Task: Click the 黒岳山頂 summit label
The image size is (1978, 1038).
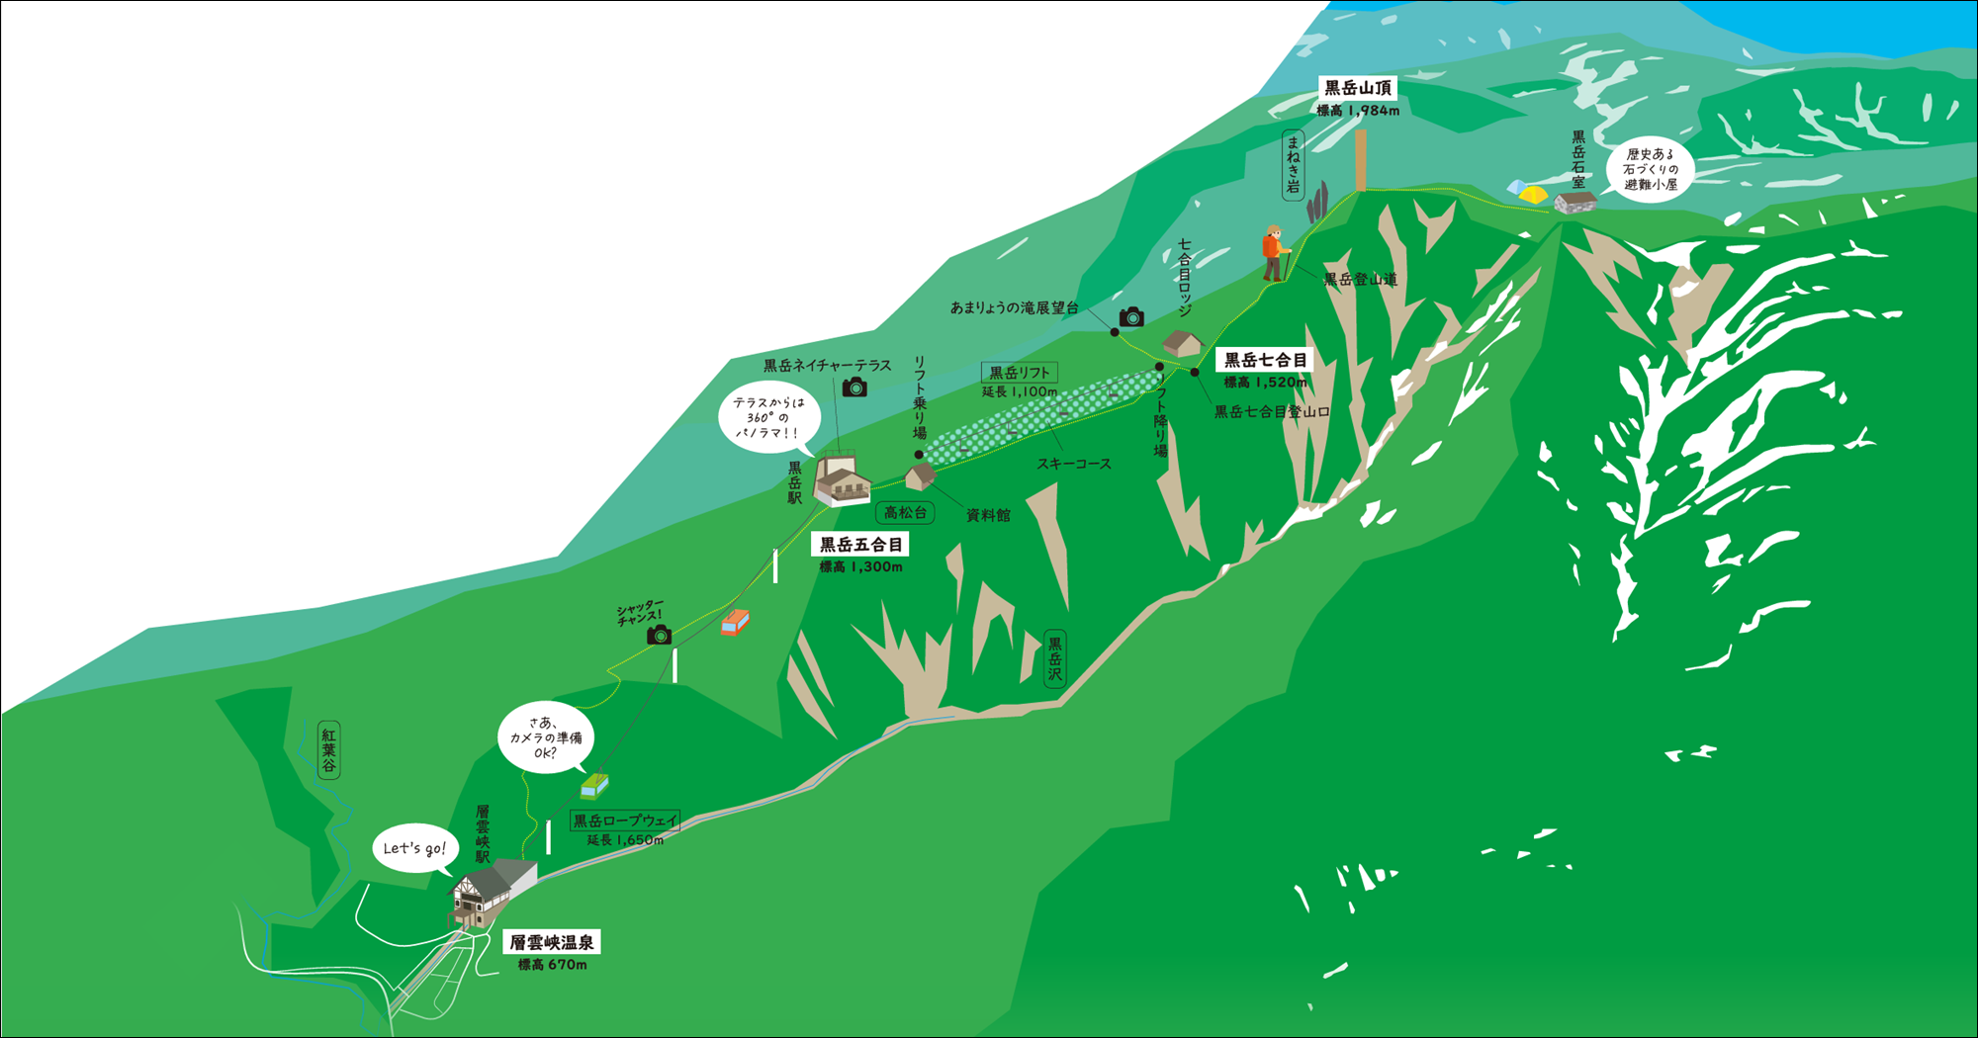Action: [1358, 88]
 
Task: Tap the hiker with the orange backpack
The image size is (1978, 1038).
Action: [1274, 253]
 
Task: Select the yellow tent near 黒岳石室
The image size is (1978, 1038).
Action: [1532, 195]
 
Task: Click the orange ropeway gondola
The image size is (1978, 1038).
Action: [735, 622]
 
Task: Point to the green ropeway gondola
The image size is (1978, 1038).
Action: [594, 785]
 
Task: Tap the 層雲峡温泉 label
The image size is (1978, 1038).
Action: [553, 942]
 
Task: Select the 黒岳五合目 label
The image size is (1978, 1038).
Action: [860, 545]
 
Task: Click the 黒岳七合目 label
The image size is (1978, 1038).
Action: [1265, 361]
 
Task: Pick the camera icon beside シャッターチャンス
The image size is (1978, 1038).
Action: [659, 635]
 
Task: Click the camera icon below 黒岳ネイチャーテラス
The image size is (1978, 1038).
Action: [854, 388]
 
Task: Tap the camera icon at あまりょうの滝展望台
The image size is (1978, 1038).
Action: [1131, 317]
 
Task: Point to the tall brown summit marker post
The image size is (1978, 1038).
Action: [1361, 160]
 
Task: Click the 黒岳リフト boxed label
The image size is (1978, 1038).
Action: [1020, 373]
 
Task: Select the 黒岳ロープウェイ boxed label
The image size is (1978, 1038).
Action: [625, 821]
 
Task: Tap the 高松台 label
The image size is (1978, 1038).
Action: [905, 512]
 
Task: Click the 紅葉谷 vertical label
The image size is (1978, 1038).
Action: [328, 750]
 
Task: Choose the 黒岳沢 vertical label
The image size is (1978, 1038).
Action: [1055, 658]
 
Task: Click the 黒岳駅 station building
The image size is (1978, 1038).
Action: [841, 480]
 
